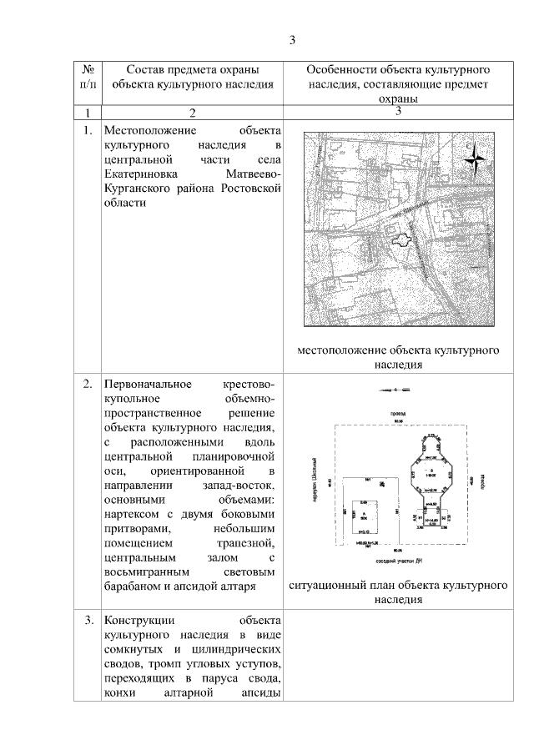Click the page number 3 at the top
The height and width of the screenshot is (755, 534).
pos(292,39)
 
